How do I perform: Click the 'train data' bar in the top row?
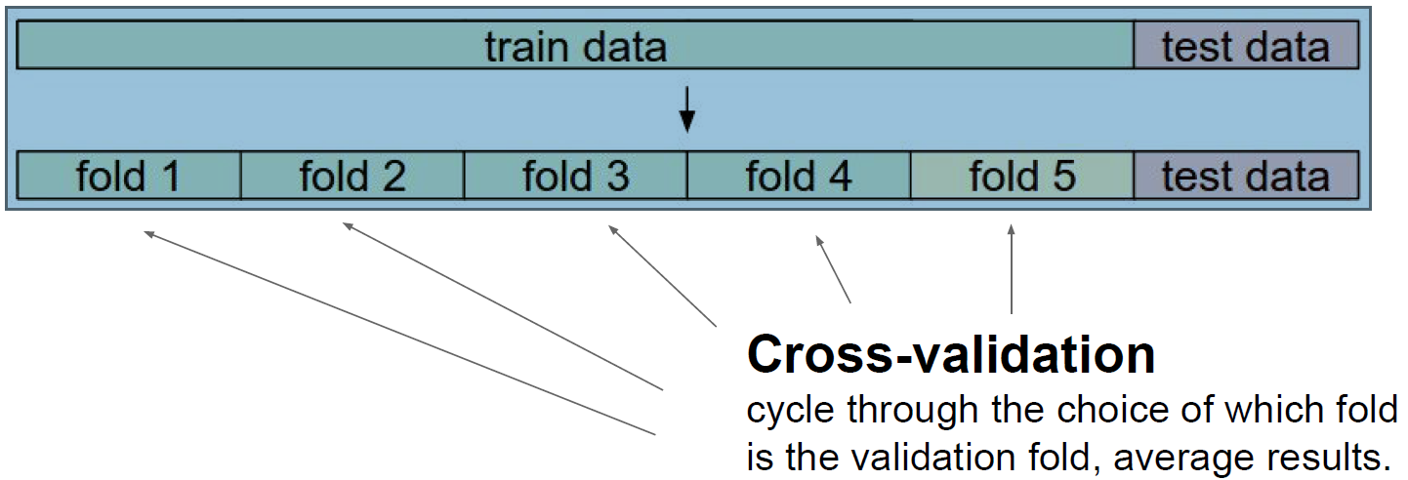pyautogui.click(x=575, y=46)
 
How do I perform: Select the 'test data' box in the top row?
pyautogui.click(x=1245, y=46)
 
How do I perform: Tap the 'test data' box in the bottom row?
pyautogui.click(x=1245, y=176)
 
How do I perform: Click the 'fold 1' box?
pyautogui.click(x=129, y=176)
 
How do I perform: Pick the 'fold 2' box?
pyautogui.click(x=352, y=176)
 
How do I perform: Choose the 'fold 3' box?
pyautogui.click(x=575, y=176)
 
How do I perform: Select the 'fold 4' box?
pyautogui.click(x=798, y=176)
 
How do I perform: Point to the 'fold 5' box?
pyautogui.click(x=1021, y=176)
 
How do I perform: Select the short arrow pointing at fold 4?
pyautogui.click(x=832, y=267)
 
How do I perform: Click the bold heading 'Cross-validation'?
pyautogui.click(x=950, y=355)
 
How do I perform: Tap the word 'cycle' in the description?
pyautogui.click(x=791, y=411)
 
